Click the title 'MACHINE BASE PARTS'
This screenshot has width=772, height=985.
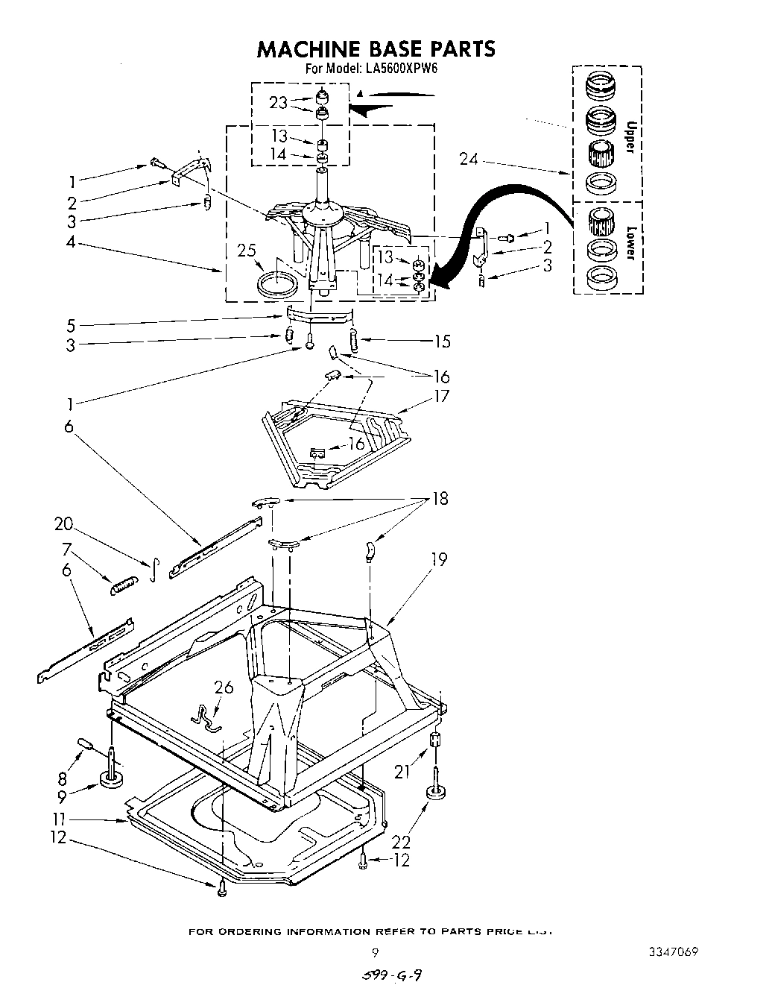click(376, 48)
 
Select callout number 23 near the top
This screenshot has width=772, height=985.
click(278, 103)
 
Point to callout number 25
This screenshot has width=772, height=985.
click(247, 251)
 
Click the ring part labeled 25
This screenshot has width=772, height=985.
click(276, 284)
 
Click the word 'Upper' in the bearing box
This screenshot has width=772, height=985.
click(630, 137)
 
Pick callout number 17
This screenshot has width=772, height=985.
click(442, 395)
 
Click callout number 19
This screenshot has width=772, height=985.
click(440, 558)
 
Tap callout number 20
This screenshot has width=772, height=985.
click(63, 523)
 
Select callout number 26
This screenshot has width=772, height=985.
click(223, 686)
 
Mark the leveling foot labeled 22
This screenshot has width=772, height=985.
click(434, 793)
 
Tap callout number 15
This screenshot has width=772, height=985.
click(442, 341)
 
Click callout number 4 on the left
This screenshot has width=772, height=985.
click(71, 242)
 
